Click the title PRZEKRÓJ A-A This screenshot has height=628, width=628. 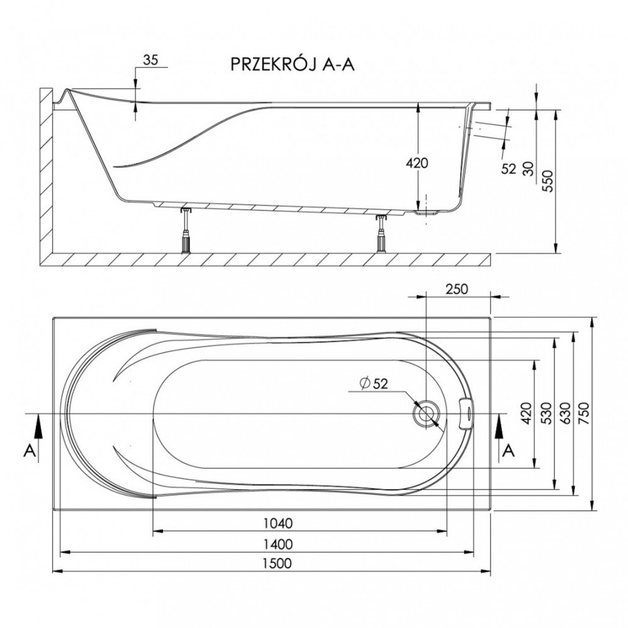pos(293,64)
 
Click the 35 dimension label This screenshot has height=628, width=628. pos(151,60)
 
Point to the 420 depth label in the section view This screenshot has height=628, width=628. pos(418,163)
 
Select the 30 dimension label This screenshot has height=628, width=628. pos(529,169)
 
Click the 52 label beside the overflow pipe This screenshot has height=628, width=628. pos(509,169)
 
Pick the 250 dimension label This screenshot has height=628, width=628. pos(457,289)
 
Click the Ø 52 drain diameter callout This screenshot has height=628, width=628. pos(374,384)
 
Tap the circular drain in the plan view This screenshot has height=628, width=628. pos(426,413)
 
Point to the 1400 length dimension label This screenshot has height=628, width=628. pos(278,544)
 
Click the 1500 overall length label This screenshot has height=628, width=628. pos(277,563)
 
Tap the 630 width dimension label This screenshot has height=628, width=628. pos(565,413)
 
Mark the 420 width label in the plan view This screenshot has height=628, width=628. pos(526,413)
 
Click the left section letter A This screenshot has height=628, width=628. pos(30,451)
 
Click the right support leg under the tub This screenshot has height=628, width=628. pos(381,233)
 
